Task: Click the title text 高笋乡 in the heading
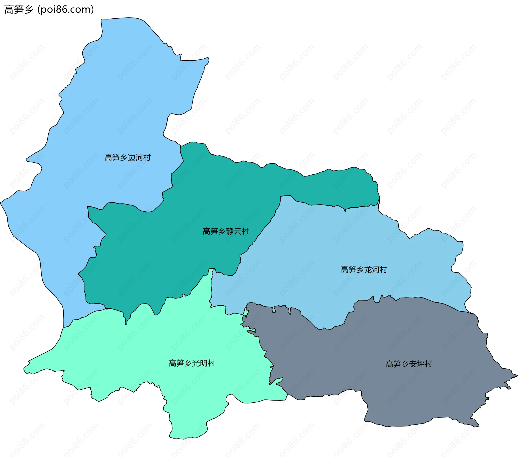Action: [18, 10]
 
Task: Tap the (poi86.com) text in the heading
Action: [66, 10]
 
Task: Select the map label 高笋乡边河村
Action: [127, 158]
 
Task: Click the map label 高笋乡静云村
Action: [226, 231]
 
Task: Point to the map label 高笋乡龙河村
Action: [364, 270]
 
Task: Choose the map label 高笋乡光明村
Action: [192, 363]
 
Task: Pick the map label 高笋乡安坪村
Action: [409, 364]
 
